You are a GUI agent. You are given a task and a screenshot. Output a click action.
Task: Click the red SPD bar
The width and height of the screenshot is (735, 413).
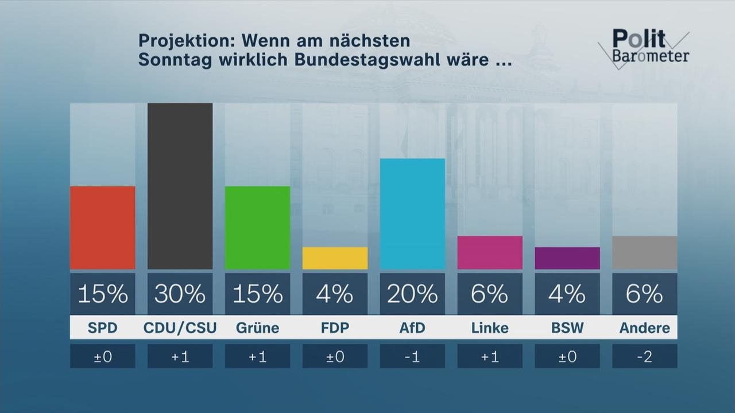(x=102, y=228)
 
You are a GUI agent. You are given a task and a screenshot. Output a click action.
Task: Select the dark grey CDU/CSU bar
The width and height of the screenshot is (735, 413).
(x=180, y=186)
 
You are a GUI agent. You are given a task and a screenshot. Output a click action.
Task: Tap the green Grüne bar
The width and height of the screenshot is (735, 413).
(x=257, y=228)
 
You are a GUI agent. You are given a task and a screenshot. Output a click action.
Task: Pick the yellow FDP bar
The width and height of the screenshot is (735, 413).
(x=335, y=258)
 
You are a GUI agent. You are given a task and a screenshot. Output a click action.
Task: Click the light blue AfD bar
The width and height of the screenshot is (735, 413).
(x=412, y=214)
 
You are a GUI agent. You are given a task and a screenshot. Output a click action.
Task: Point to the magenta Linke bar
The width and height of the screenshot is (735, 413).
(x=490, y=252)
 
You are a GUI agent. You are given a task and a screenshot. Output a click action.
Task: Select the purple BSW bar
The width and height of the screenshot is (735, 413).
(x=567, y=258)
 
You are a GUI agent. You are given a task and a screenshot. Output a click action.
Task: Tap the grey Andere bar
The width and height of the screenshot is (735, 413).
(x=644, y=252)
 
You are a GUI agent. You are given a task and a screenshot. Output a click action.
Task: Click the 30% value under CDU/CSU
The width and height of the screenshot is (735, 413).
(x=180, y=294)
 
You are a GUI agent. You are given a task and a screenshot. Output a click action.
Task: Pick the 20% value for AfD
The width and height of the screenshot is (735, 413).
(x=412, y=294)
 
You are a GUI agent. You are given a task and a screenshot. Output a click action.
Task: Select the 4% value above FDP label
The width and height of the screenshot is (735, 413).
(x=335, y=294)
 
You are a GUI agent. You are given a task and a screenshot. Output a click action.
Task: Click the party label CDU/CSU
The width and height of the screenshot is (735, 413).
(x=180, y=328)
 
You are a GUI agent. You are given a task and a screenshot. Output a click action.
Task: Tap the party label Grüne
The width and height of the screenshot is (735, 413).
(x=257, y=328)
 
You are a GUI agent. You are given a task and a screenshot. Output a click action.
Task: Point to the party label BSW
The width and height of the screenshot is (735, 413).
(x=567, y=328)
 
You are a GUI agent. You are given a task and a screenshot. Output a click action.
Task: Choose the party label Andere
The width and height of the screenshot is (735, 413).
(x=644, y=328)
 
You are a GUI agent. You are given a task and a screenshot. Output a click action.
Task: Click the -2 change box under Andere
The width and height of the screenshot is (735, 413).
(x=644, y=356)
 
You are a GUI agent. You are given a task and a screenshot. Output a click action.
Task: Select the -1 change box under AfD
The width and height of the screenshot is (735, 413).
(x=412, y=356)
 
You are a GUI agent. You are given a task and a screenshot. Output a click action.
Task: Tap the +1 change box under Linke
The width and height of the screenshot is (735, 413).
(x=490, y=356)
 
